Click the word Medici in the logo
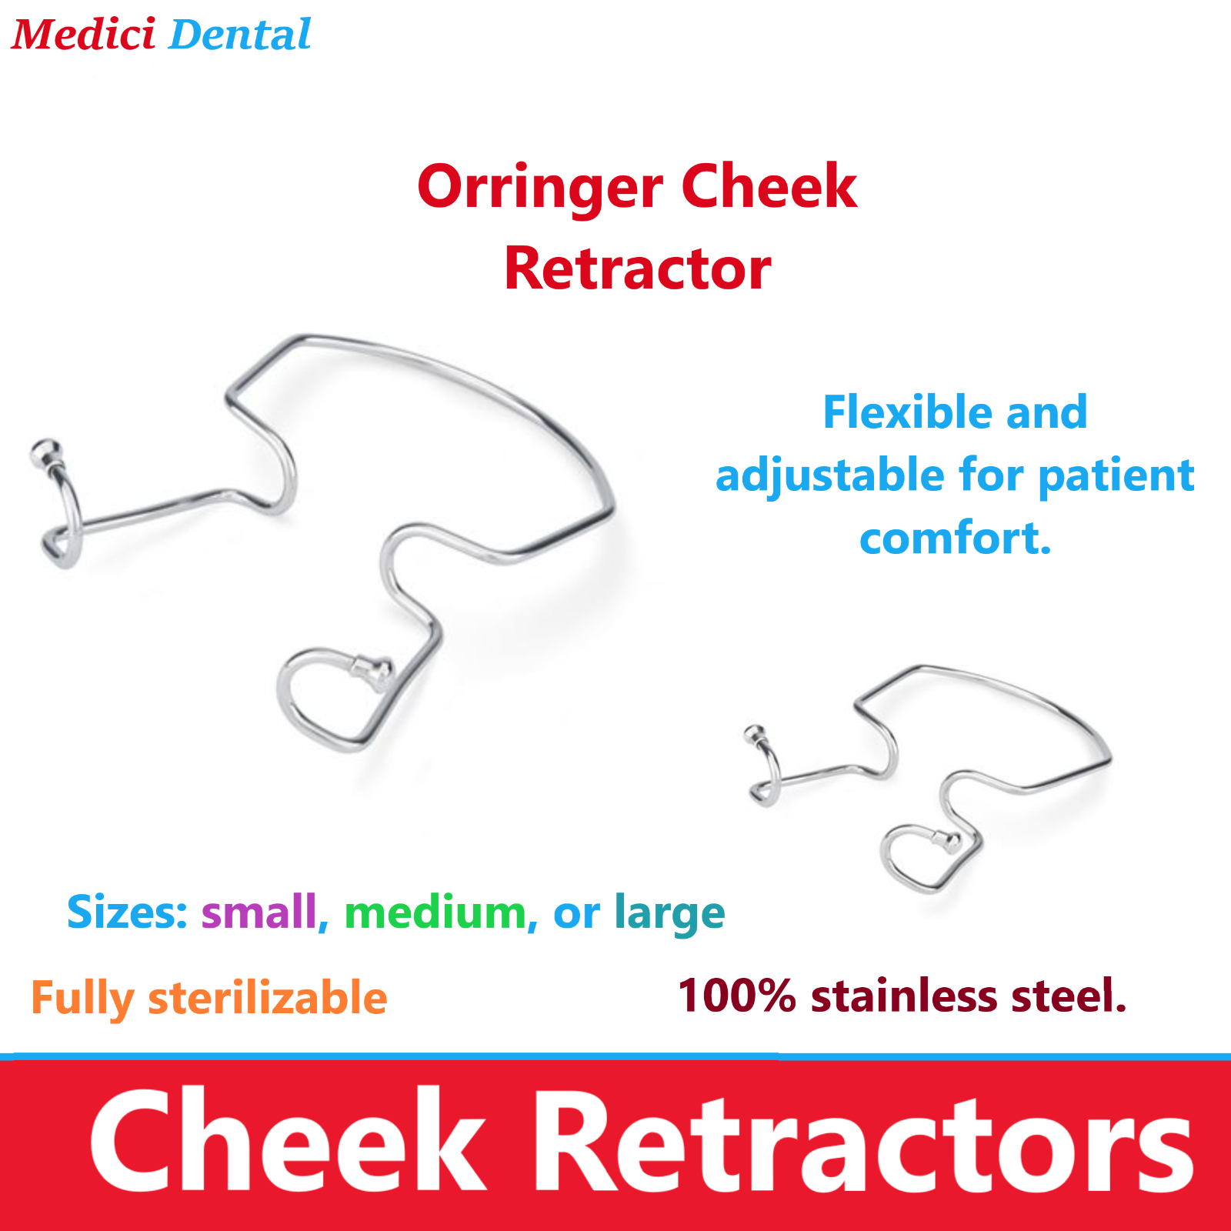coord(83,35)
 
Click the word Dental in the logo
coord(239,35)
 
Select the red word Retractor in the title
coord(637,269)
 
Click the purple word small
coord(259,912)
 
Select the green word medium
coord(435,912)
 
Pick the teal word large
coord(669,914)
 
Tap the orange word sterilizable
coord(268,998)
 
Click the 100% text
coord(736,996)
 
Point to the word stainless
coord(904,996)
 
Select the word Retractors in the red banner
coord(862,1140)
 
